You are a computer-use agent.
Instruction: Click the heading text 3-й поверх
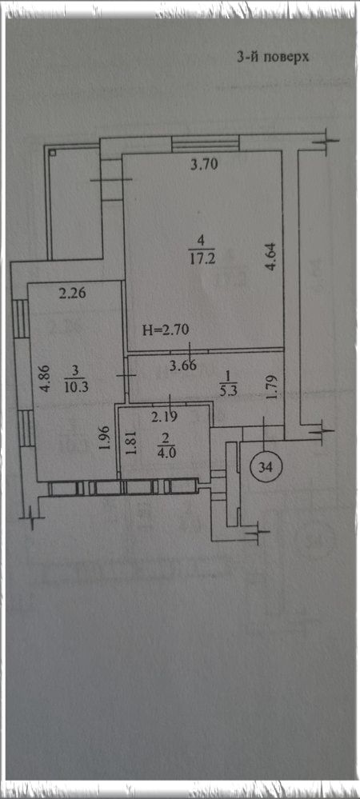click(x=274, y=57)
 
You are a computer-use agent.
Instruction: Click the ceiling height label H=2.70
click(x=166, y=330)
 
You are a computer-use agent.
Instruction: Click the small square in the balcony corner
click(x=52, y=152)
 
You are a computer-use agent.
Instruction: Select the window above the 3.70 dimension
click(x=206, y=143)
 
